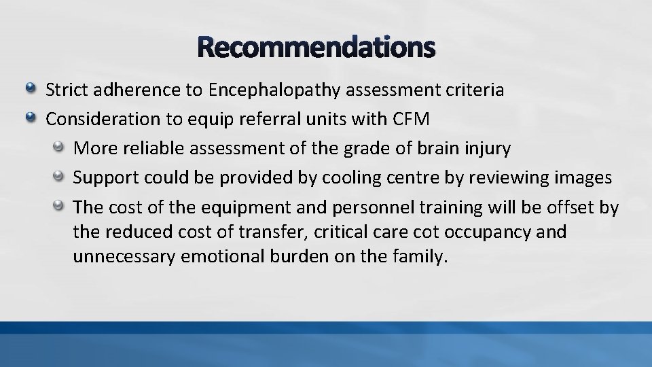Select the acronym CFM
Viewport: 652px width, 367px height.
[x=412, y=120]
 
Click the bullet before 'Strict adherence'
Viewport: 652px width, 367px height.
[x=31, y=89]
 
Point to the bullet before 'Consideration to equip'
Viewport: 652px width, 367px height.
[x=31, y=118]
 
